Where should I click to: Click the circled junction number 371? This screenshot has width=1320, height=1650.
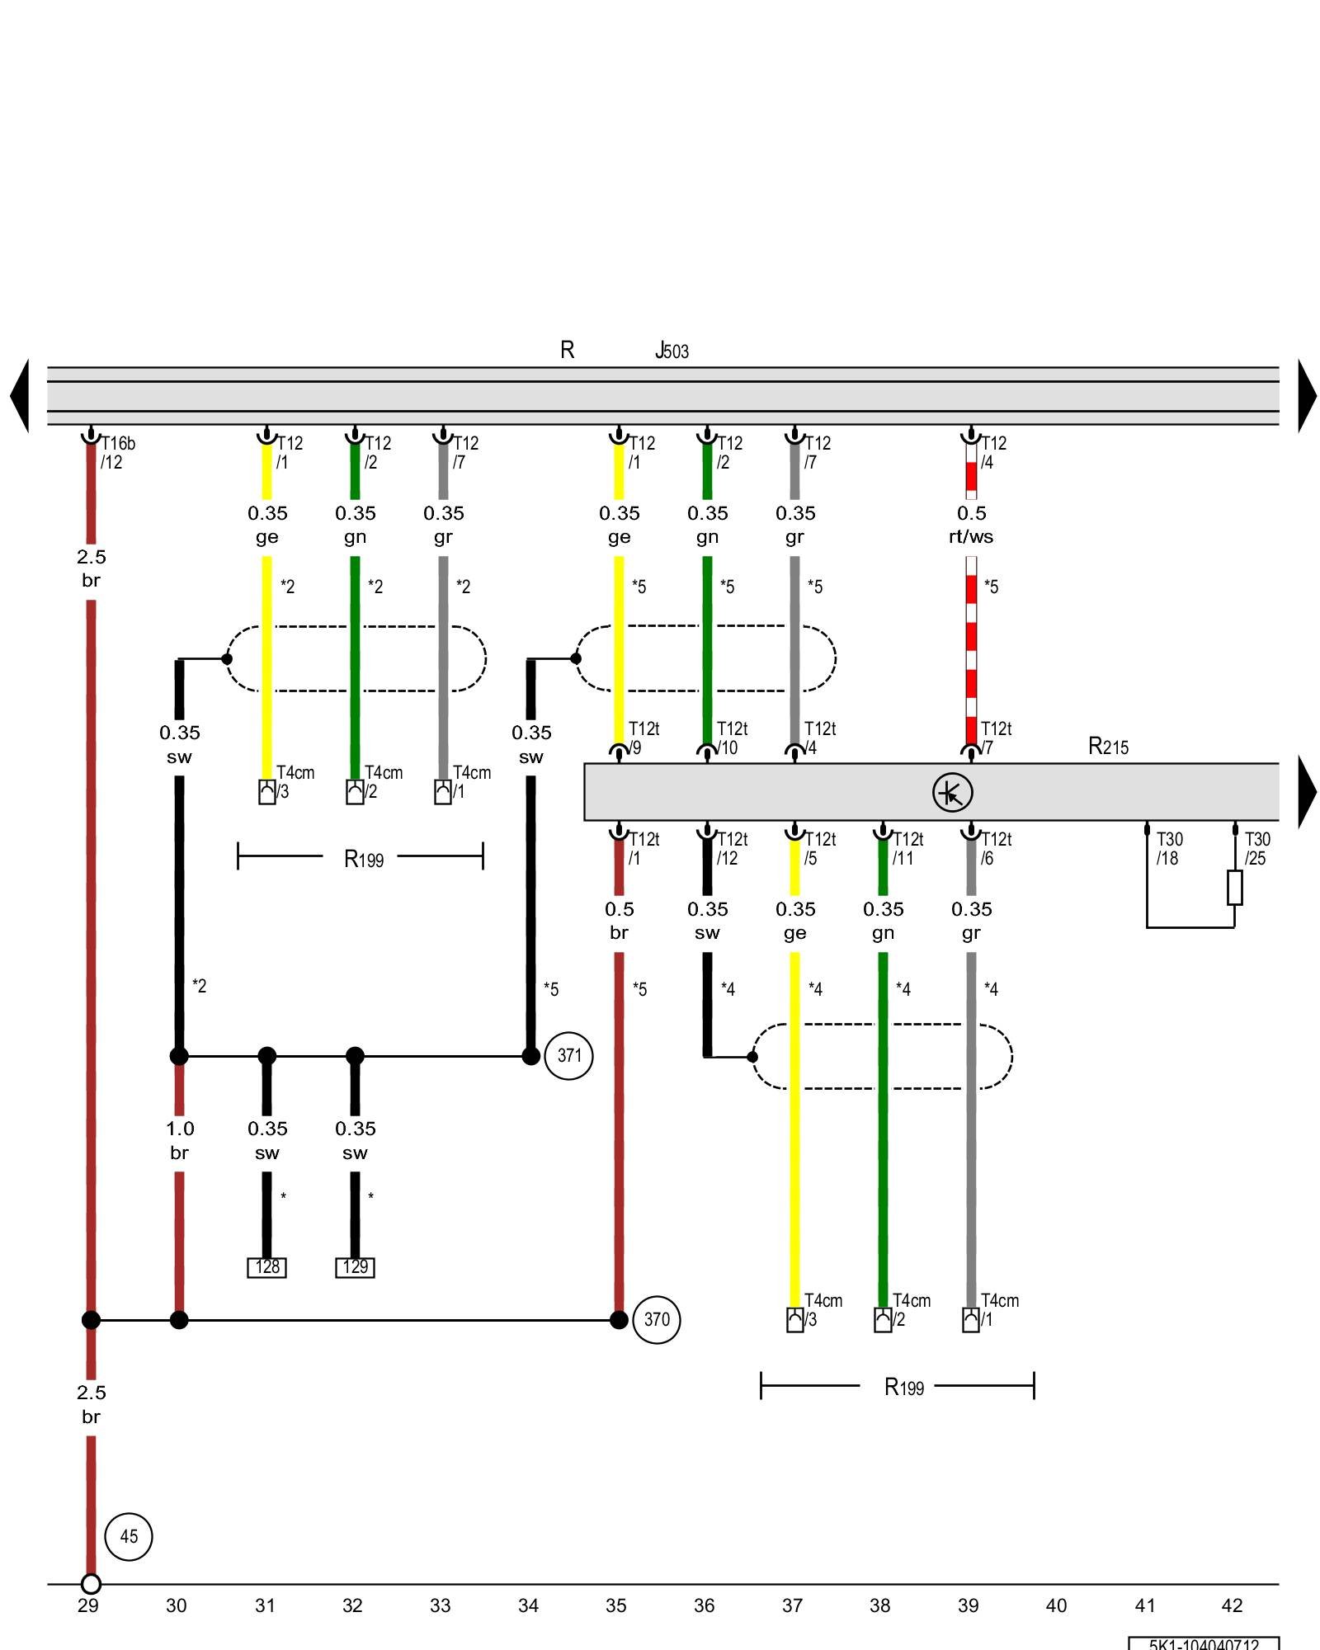click(568, 1055)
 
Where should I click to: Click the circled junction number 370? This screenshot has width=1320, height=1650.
click(657, 1319)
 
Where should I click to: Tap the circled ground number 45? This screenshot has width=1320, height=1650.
click(129, 1536)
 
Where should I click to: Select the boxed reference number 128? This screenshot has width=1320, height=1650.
click(267, 1267)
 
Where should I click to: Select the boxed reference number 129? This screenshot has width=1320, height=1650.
click(355, 1267)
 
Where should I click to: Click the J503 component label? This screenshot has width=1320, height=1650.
click(672, 351)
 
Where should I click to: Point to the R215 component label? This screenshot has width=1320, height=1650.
click(1108, 747)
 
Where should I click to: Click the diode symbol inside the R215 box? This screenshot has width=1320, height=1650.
click(952, 793)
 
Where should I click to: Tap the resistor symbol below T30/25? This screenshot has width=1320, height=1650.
click(1234, 888)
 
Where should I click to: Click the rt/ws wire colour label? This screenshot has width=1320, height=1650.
click(971, 537)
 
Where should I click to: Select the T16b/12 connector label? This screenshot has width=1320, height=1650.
click(117, 453)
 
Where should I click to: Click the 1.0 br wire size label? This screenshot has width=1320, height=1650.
click(180, 1140)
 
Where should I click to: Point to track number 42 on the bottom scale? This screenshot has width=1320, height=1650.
click(1232, 1605)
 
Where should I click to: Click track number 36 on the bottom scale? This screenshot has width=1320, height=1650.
click(704, 1605)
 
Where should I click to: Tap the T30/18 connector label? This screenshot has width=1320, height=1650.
click(1169, 848)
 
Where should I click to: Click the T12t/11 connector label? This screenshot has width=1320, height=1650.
click(907, 848)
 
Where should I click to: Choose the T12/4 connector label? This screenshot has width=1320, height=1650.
click(992, 453)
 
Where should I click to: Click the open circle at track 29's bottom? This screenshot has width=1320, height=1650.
click(91, 1584)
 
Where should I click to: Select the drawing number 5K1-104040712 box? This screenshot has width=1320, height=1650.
click(1204, 1643)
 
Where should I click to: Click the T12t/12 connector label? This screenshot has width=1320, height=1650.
click(731, 848)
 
